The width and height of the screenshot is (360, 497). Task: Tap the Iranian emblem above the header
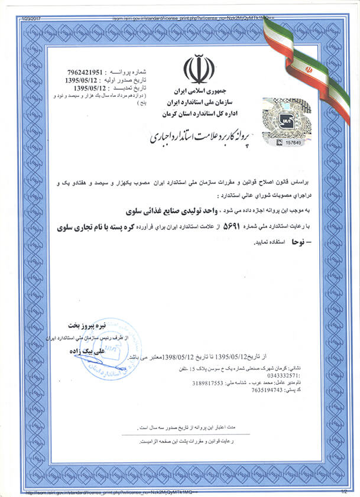pos(198,69)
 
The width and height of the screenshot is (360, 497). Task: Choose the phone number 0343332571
pos(284,375)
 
